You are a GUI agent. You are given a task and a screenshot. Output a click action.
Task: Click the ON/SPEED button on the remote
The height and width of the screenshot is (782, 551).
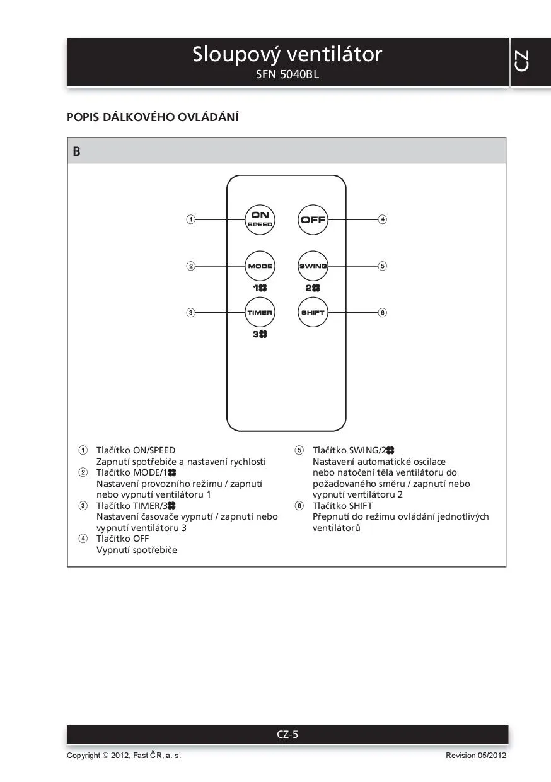click(260, 219)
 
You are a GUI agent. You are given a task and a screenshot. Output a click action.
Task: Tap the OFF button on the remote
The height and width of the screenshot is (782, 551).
click(313, 219)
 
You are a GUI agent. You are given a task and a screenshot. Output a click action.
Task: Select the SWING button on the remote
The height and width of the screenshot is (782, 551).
click(313, 266)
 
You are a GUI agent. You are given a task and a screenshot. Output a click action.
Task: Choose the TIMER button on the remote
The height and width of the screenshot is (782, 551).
click(260, 312)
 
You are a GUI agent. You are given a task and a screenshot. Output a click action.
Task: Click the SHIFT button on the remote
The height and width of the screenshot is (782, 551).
click(313, 312)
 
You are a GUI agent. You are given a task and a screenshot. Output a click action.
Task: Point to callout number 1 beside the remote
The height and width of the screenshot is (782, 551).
click(190, 219)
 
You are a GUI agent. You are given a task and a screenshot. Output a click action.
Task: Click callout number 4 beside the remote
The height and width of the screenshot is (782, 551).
click(382, 219)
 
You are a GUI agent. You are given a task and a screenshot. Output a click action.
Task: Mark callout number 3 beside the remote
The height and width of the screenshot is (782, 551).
click(190, 312)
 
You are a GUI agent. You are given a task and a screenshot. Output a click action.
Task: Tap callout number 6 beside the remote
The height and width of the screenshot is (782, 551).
click(382, 312)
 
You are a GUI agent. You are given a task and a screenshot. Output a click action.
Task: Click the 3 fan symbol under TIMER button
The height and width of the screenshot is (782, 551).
click(260, 334)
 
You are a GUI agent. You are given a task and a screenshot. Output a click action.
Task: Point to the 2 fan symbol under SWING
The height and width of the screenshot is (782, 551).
click(313, 288)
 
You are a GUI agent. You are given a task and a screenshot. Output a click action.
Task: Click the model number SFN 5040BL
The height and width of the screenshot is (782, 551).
click(287, 74)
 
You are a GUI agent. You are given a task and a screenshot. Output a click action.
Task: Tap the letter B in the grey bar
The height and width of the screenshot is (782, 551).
click(76, 151)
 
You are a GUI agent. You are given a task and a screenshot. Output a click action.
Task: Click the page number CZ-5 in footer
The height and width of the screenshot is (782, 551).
click(287, 734)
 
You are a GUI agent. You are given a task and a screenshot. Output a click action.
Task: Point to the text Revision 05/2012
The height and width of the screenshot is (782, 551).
click(475, 756)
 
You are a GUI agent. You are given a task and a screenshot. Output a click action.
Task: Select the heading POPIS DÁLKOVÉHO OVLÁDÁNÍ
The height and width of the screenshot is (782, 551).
click(153, 117)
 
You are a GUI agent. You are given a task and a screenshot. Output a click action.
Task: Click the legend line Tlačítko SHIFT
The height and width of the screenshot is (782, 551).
click(342, 506)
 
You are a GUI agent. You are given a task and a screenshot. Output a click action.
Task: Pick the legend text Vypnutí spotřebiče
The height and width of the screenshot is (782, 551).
click(137, 550)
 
